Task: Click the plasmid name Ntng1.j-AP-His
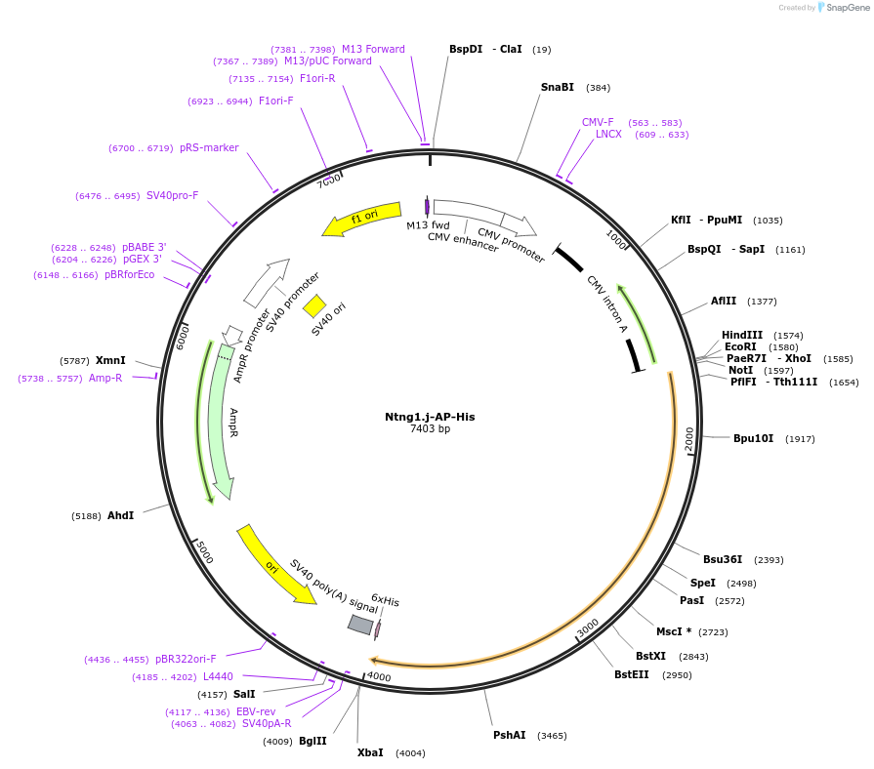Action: coord(430,417)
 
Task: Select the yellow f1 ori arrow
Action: coord(362,221)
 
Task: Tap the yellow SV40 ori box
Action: coord(314,306)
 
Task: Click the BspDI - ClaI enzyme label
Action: coord(485,49)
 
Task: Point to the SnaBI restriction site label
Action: coord(558,87)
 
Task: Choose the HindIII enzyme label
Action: coord(742,335)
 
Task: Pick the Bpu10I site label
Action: coord(753,438)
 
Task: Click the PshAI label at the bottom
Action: coord(510,735)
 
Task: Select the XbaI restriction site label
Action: coord(370,752)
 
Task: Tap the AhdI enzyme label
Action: coord(121,515)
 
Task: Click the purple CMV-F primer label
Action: coord(598,122)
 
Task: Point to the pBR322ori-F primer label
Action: coord(186,659)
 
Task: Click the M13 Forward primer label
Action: coord(373,49)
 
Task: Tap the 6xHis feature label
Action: coord(385,600)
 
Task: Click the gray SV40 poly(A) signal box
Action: coord(361,625)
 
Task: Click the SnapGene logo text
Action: coord(844,8)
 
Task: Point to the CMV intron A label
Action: coord(606,304)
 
